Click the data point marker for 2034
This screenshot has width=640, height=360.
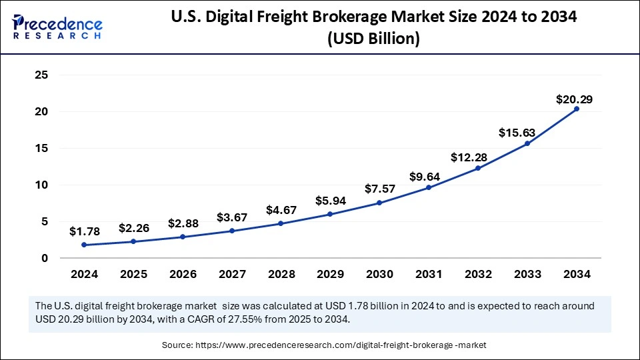(x=576, y=109)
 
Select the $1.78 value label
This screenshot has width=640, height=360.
(x=85, y=231)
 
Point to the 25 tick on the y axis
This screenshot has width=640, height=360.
(x=41, y=75)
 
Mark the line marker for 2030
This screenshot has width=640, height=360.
(x=379, y=203)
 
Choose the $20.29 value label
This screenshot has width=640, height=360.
(x=574, y=99)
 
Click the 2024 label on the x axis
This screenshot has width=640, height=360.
(x=85, y=274)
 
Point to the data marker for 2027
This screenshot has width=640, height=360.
(x=232, y=231)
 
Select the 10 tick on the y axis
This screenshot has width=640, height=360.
(x=41, y=185)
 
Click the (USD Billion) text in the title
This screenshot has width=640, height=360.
(x=373, y=39)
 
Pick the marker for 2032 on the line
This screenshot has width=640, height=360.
(x=478, y=168)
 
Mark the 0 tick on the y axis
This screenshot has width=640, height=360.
(x=45, y=258)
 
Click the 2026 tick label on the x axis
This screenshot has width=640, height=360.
(x=183, y=274)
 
